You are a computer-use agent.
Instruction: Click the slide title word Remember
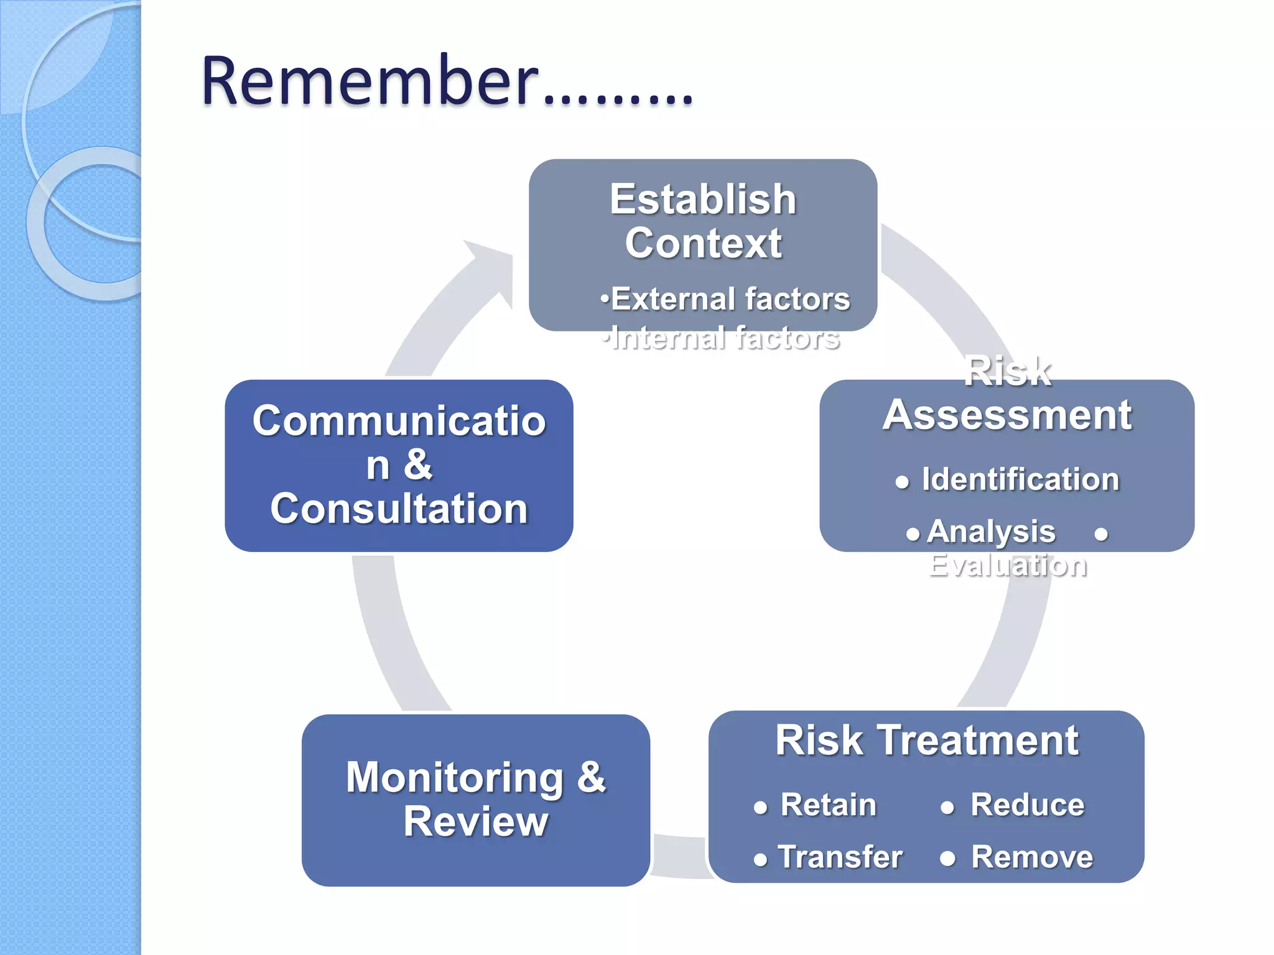[370, 82]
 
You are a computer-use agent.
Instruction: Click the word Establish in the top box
[703, 200]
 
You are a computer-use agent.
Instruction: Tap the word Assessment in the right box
[1007, 415]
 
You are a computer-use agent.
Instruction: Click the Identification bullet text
[1020, 479]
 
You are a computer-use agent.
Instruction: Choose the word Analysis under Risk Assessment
[991, 532]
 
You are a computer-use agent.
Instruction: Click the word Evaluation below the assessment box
[1008, 565]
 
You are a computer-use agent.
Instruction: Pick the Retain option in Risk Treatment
[828, 805]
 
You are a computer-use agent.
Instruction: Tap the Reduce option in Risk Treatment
[1027, 805]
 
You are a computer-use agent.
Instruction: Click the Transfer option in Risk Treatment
[840, 857]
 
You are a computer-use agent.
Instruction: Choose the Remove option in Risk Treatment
[1032, 857]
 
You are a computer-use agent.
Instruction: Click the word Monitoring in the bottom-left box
[454, 778]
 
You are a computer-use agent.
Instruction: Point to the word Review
[476, 822]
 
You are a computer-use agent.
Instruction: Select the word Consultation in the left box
[399, 509]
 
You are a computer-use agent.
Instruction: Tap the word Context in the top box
[703, 243]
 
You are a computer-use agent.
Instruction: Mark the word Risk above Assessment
[1007, 372]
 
